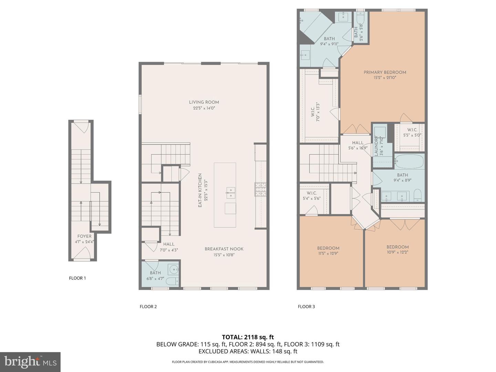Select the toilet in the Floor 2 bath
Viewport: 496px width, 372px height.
coord(172,281)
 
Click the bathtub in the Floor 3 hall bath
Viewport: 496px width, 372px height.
coord(409,161)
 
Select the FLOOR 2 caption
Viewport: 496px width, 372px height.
coord(148,307)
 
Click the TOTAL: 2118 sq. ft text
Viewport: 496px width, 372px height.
coord(248,337)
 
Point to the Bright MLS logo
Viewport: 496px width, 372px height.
coord(30,362)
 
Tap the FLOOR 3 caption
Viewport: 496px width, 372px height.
coord(306,307)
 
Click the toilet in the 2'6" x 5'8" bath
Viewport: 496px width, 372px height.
coord(361,18)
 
